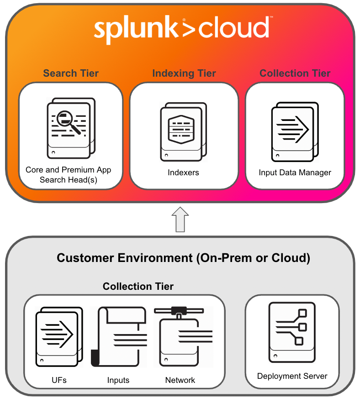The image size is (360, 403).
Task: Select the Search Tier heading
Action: pos(71,73)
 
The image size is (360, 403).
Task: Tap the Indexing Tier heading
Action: pos(184,73)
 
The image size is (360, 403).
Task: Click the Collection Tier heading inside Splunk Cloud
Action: pos(295,73)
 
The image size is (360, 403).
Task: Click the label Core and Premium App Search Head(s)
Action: pos(69,175)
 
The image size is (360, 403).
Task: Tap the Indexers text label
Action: pos(183,173)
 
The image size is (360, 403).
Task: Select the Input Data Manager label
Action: pos(295,173)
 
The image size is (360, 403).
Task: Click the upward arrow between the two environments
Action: pos(181,219)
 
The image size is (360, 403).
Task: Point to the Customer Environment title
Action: pos(183,258)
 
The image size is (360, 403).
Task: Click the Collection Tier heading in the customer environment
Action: pos(138,287)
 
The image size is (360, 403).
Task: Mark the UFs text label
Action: pos(59,380)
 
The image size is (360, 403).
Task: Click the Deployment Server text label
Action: pos(292,376)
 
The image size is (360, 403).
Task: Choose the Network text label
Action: pos(180,380)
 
